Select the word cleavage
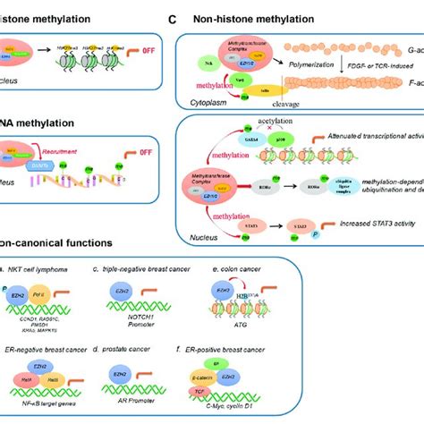[x=293, y=103]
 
